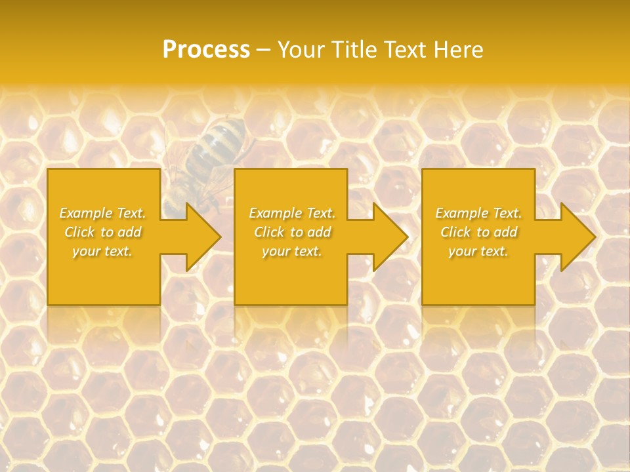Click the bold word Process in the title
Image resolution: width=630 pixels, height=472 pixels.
point(206,49)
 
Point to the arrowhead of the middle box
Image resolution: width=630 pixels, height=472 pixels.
point(390,237)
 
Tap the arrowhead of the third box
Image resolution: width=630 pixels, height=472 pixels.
point(577,237)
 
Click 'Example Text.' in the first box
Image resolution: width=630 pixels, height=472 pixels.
point(103,213)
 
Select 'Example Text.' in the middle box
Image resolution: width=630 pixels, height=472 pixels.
point(292,213)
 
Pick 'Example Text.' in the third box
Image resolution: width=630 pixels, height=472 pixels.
point(478,213)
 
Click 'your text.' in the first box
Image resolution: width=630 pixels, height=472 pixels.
point(102,251)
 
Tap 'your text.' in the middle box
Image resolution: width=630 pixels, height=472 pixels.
point(291,251)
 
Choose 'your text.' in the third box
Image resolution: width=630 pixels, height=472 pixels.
point(478,251)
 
